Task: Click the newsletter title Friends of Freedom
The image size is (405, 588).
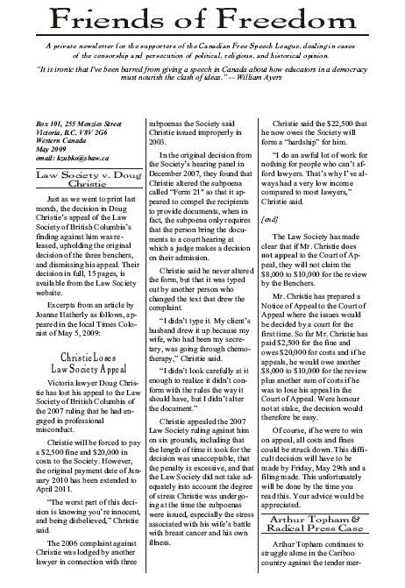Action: pyautogui.click(x=202, y=19)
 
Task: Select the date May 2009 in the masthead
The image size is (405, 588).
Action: pyautogui.click(x=38, y=151)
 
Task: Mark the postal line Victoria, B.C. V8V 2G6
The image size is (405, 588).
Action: pyautogui.click(x=56, y=133)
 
